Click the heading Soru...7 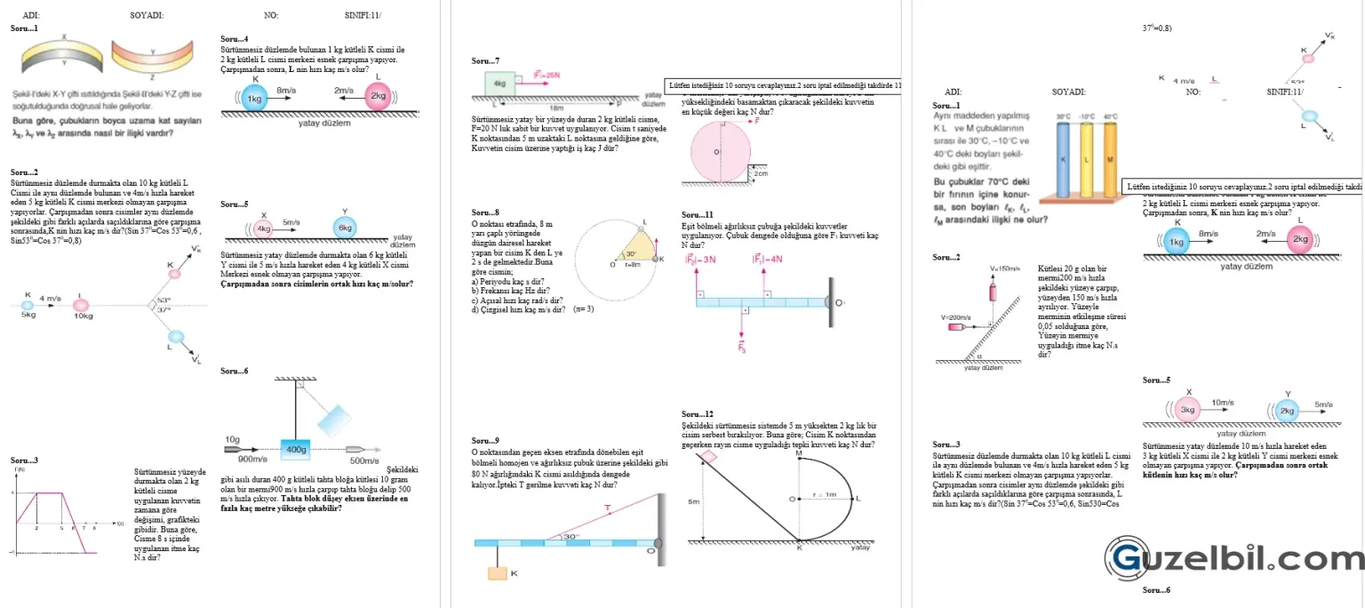click(485, 60)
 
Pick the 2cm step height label click(761, 173)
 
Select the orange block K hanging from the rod click(497, 572)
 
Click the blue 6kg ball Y click(345, 228)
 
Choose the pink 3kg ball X click(1188, 410)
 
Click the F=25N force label click(547, 76)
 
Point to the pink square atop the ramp click(709, 457)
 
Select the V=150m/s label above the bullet click(1004, 268)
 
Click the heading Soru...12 click(697, 414)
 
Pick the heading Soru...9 click(485, 441)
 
